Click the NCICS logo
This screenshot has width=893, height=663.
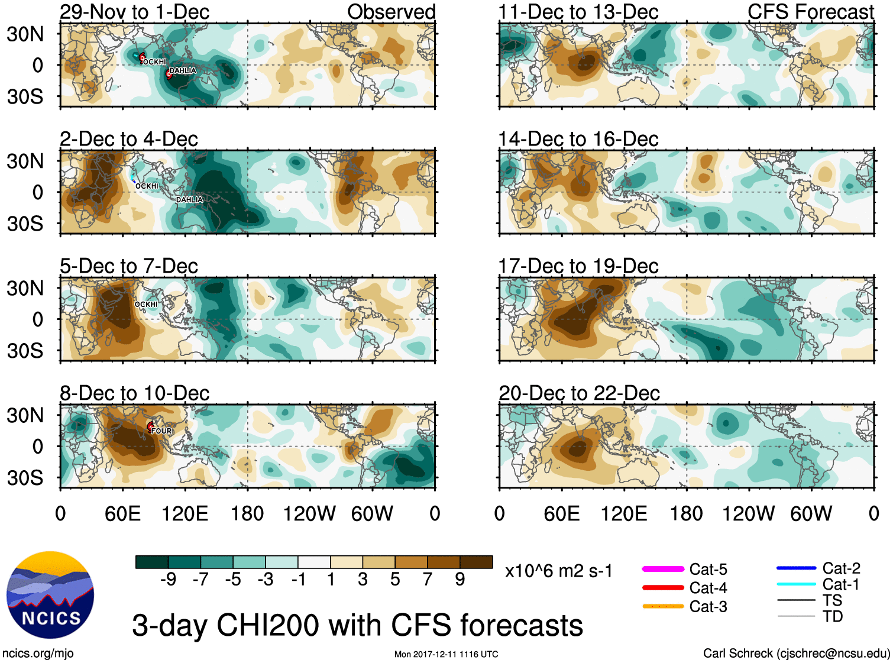[50, 594]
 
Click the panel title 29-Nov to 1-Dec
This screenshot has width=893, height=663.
[134, 12]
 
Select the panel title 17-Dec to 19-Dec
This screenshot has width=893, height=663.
[578, 266]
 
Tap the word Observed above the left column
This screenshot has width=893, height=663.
[391, 12]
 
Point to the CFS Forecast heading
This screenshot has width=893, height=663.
[810, 12]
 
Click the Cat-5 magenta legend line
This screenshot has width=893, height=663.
[663, 569]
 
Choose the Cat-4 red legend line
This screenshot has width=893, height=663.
[663, 588]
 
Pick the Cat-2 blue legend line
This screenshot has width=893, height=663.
[796, 568]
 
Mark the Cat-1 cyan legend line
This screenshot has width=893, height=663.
[796, 584]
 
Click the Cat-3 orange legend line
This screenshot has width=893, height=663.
[663, 606]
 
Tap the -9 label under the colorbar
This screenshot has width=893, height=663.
[168, 579]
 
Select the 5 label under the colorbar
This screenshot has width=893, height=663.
[395, 579]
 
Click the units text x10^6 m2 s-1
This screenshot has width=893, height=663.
[558, 571]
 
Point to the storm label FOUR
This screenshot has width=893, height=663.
[161, 431]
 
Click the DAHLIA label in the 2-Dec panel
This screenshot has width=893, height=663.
[189, 200]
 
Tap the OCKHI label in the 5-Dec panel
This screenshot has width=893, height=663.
[146, 305]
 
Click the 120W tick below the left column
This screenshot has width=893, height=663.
[309, 513]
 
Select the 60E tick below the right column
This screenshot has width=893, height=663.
[561, 513]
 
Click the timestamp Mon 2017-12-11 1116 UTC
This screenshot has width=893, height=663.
[446, 654]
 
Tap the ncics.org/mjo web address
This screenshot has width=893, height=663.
[38, 654]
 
